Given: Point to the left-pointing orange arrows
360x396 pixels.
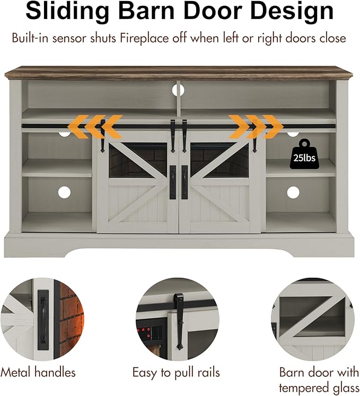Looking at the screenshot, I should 95,127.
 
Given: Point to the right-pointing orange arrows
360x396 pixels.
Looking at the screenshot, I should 257,127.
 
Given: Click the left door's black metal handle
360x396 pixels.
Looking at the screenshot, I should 173,181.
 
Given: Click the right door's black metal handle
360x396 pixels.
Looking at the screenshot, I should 185,181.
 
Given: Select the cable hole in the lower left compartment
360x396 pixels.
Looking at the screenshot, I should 64,192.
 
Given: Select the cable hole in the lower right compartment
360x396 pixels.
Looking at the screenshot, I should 293,192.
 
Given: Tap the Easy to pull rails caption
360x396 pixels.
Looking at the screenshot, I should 177,373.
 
